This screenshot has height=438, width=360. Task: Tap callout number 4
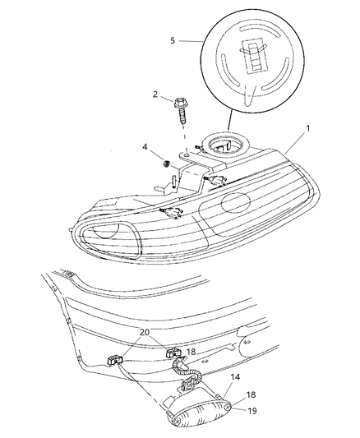pos(145,148)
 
